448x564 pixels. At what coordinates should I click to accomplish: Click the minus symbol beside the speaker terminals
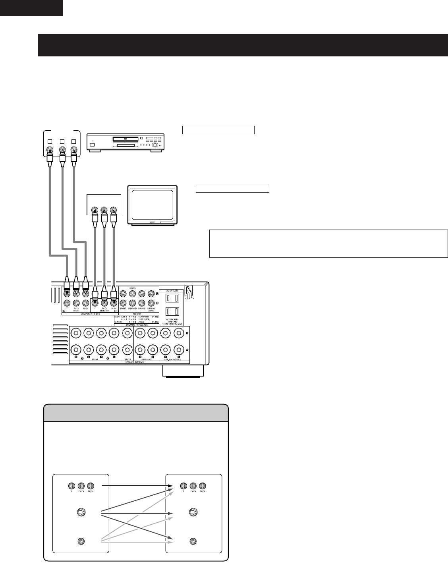[187, 350]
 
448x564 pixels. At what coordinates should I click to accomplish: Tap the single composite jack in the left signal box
[81, 541]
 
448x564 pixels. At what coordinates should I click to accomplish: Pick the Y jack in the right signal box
[183, 485]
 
